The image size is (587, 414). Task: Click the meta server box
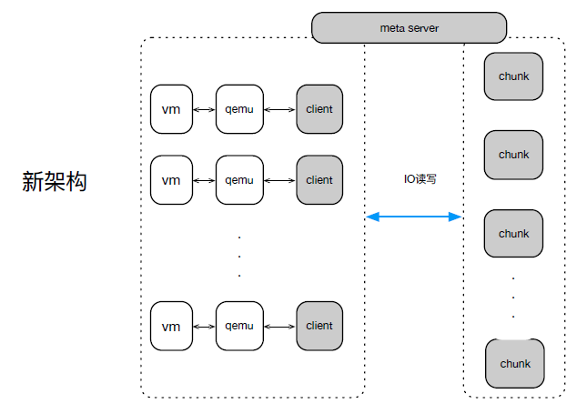[x=410, y=27]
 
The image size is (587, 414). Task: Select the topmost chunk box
[x=513, y=76]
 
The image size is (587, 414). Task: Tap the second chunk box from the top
[x=513, y=155]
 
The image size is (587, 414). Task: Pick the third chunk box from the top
[x=513, y=234]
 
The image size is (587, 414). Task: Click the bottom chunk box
[x=515, y=363]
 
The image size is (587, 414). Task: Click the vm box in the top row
[x=171, y=109]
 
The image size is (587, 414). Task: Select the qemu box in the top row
[x=239, y=109]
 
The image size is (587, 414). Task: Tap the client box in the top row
[x=319, y=109]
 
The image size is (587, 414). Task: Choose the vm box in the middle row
[x=171, y=180]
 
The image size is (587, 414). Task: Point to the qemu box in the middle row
[x=239, y=180]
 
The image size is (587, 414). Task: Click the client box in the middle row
[x=319, y=180]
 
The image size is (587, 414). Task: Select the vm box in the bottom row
[x=171, y=326]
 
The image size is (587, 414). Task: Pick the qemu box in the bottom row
[x=239, y=326]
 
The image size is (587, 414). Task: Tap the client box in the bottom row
[x=319, y=326]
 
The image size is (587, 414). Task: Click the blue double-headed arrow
[x=414, y=217]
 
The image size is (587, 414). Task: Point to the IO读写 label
[x=420, y=179]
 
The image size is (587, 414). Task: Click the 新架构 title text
[x=55, y=182]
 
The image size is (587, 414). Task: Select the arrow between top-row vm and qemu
[x=204, y=110]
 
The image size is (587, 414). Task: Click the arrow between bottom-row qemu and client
[x=279, y=327]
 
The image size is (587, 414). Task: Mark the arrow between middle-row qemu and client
[x=279, y=181]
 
